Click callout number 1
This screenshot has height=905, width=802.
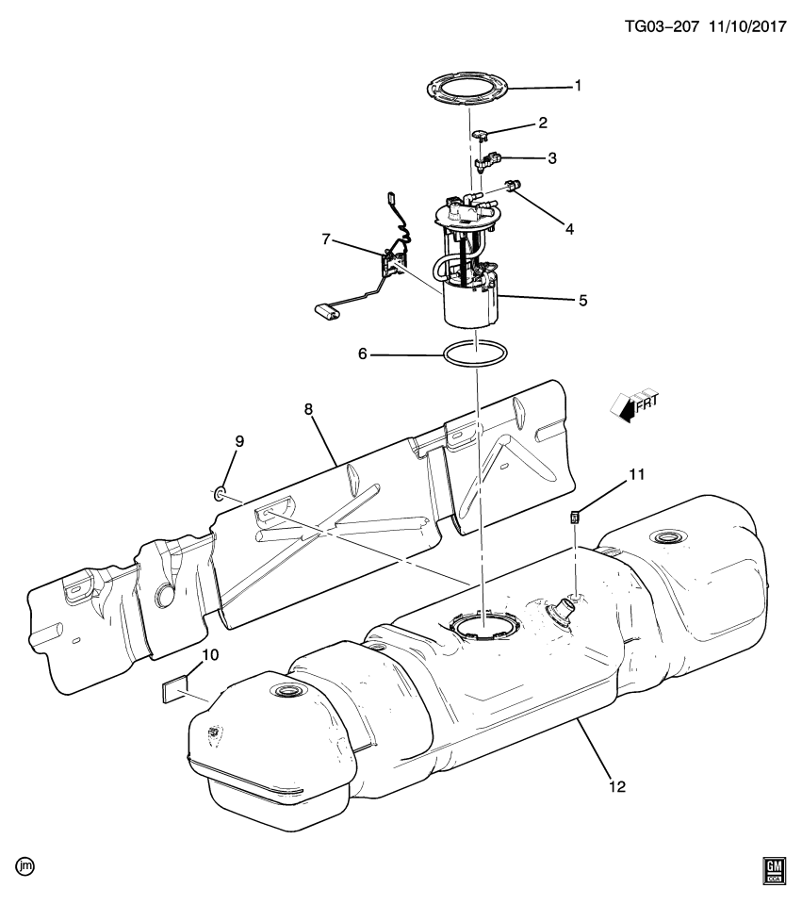coord(578,85)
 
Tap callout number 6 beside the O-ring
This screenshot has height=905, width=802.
coord(363,354)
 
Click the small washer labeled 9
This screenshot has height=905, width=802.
coord(219,491)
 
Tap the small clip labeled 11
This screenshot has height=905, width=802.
coord(574,515)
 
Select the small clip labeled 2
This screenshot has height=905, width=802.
coord(479,135)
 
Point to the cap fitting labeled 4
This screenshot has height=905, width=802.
coord(514,186)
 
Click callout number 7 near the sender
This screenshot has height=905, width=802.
coord(325,239)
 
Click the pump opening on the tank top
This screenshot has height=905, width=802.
coord(483,622)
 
